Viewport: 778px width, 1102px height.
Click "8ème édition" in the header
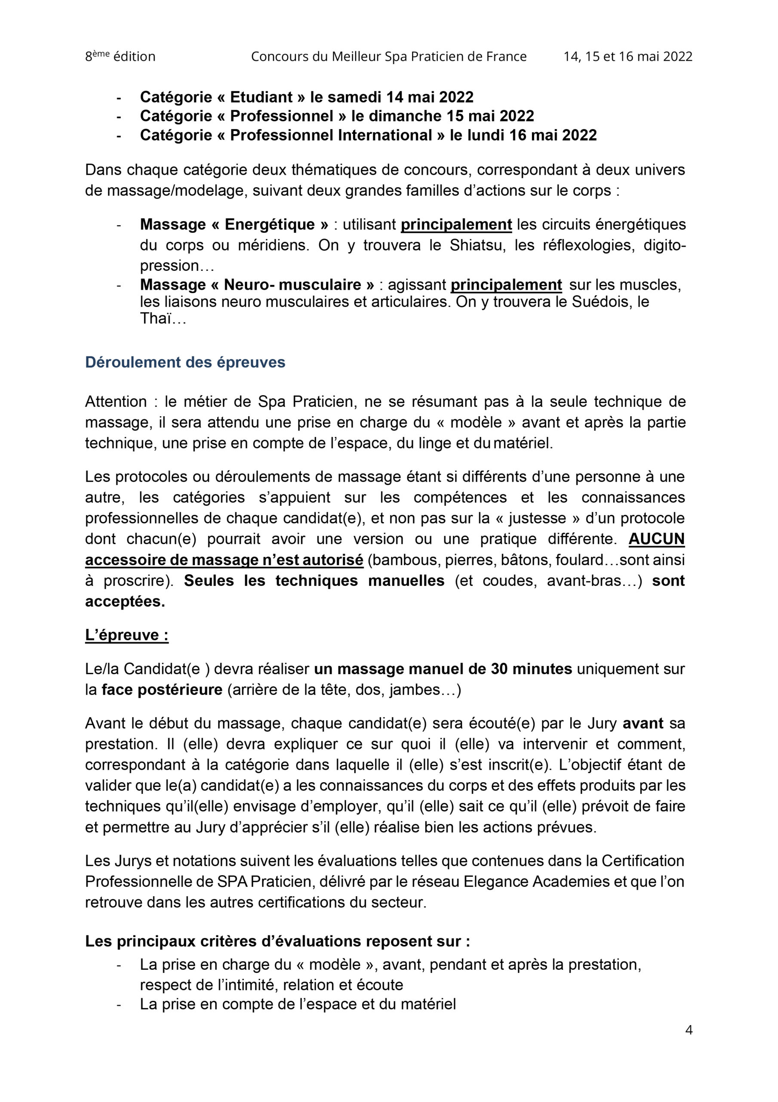(120, 57)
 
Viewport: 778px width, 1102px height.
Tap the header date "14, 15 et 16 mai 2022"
(627, 57)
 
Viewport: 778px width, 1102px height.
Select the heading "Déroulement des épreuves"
(185, 362)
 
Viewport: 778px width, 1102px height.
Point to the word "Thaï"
(155, 318)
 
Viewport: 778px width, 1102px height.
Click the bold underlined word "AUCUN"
(656, 539)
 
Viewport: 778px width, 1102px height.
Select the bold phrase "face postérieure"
(162, 690)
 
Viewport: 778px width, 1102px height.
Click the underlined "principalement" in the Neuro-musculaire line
(506, 285)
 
